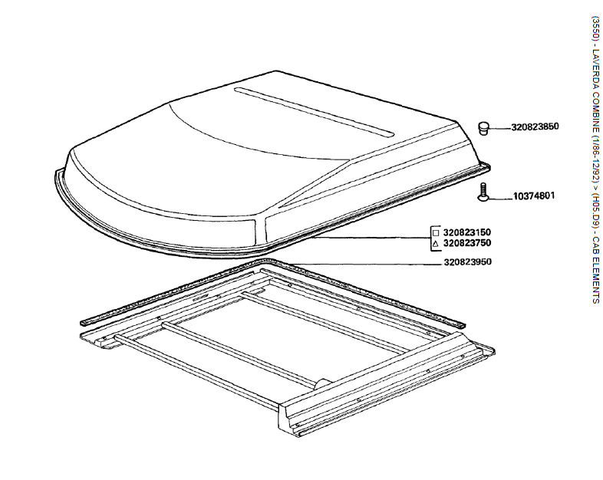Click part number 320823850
(535, 127)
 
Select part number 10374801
(534, 196)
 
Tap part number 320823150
(467, 232)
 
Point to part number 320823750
(467, 243)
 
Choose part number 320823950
(467, 262)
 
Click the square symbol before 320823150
(436, 233)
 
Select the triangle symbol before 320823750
(436, 244)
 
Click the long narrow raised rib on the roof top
(315, 112)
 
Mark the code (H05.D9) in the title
(595, 212)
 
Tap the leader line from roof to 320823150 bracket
(372, 238)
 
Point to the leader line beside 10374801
(500, 199)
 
